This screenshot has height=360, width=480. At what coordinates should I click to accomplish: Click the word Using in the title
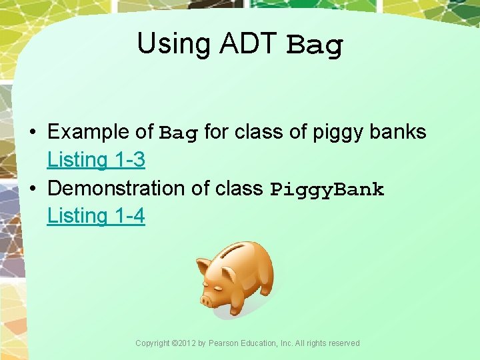point(164,45)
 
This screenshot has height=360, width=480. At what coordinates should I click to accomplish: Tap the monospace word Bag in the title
point(314,46)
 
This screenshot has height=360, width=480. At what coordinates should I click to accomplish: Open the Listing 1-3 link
point(96,160)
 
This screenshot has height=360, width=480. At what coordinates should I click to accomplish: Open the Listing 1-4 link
point(96,216)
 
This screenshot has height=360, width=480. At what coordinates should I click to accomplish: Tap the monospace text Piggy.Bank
point(327,189)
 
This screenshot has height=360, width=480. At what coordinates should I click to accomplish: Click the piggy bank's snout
point(206,301)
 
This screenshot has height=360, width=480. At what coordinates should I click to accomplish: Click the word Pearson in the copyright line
point(224,343)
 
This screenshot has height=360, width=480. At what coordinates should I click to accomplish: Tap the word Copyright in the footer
point(153,343)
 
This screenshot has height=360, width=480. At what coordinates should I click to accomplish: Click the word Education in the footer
point(260,343)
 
